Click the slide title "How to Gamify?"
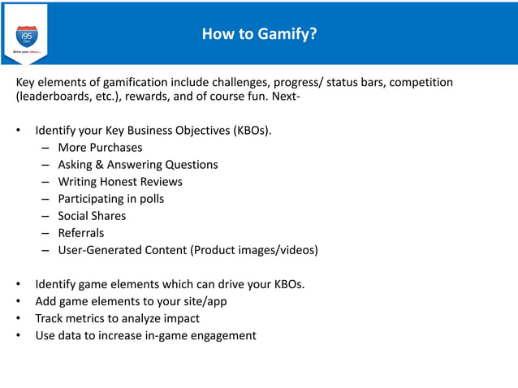click(x=259, y=34)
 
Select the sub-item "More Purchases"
click(x=100, y=148)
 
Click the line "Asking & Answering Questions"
click(x=137, y=165)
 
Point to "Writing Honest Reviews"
click(x=120, y=182)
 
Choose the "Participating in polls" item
click(x=110, y=199)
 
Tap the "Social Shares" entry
click(x=92, y=216)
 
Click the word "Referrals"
click(x=81, y=233)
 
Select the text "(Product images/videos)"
click(x=254, y=250)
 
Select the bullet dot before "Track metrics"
click(x=19, y=318)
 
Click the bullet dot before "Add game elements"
click(x=19, y=301)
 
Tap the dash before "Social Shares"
click(x=47, y=216)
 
